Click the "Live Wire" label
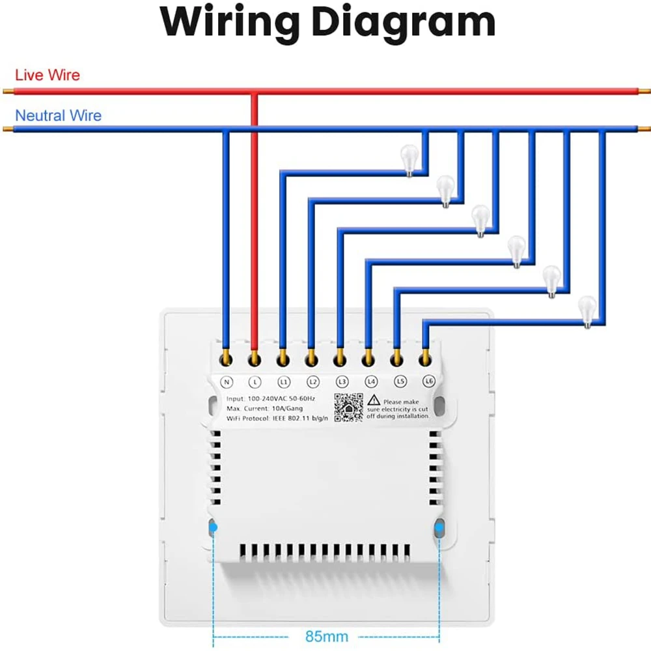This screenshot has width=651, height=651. coord(48,75)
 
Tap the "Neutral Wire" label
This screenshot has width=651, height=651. coord(58,116)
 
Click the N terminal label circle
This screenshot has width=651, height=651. coord(227,381)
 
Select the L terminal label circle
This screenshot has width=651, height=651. coord(255,381)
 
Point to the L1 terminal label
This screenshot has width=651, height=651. coord(283,381)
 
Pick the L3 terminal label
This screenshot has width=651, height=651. coord(341,381)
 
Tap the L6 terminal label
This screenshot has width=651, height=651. coord(428,381)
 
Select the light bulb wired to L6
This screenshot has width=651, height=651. coord(588,309)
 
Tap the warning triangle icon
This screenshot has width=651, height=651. coord(374,400)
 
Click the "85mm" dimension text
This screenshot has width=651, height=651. coord(327,636)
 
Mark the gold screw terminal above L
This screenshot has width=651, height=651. coord(255,357)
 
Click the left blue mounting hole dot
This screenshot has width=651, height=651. coord(214,528)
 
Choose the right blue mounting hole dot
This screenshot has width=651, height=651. coord(440,528)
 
